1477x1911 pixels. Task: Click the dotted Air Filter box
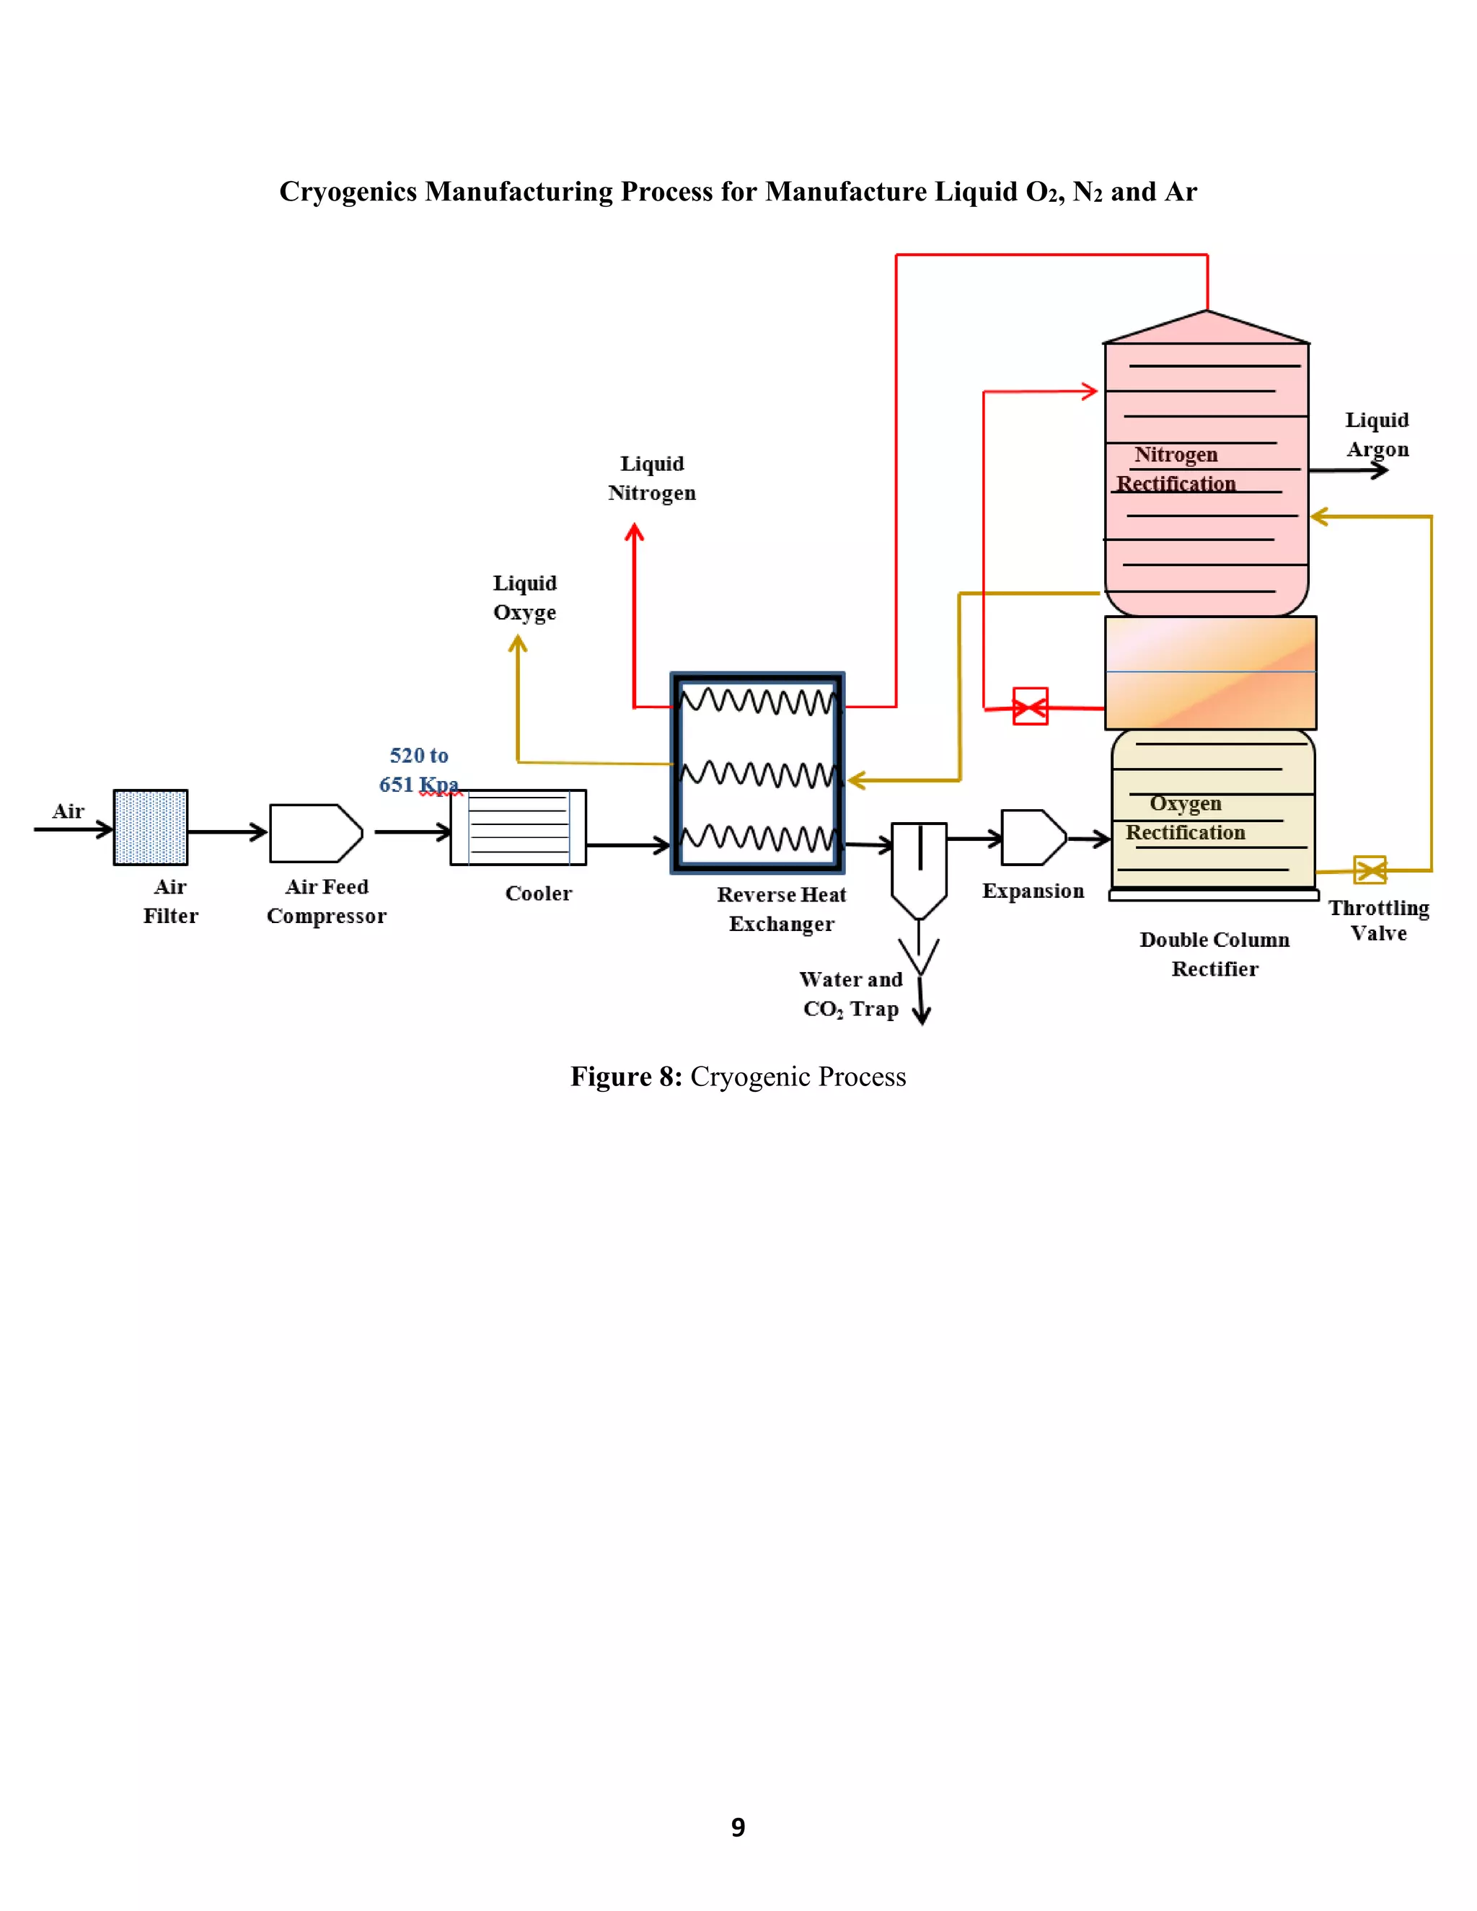pos(151,827)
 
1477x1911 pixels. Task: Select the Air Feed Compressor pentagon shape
pos(315,833)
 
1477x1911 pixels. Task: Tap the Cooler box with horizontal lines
pos(518,827)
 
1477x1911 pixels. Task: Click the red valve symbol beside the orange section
pos(1030,706)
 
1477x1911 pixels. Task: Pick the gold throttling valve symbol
pos(1370,870)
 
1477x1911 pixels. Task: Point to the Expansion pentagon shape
pos(1033,837)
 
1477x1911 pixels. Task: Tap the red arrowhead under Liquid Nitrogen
pos(635,532)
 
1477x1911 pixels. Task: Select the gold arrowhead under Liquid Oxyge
pos(518,645)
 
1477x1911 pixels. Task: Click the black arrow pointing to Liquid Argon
pos(1378,471)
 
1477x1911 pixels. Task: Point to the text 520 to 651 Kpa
pos(418,769)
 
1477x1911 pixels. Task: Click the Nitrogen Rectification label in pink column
pos(1176,469)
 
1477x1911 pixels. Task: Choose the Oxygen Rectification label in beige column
pos(1185,817)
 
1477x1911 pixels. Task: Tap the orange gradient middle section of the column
pos(1210,673)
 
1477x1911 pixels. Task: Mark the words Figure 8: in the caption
pos(625,1076)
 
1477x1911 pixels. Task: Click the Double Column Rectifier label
pos(1214,954)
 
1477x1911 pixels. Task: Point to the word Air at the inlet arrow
pos(69,811)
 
